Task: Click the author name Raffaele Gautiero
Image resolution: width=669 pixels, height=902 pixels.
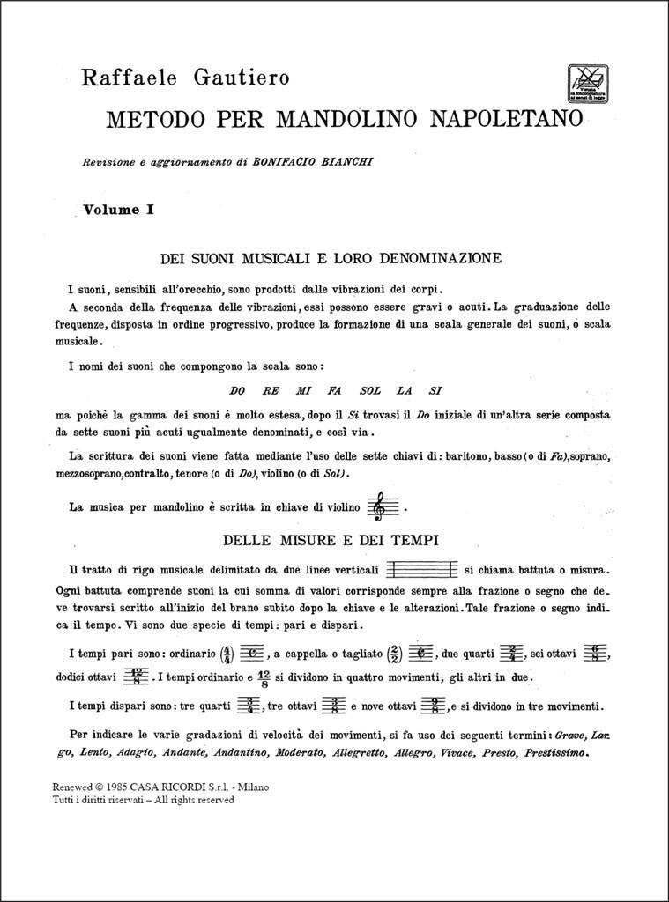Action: (x=185, y=78)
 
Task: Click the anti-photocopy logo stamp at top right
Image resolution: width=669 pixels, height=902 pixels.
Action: (x=585, y=85)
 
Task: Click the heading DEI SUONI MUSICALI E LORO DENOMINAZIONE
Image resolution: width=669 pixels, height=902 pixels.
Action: (x=331, y=258)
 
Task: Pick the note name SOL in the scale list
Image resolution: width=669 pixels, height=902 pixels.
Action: (x=370, y=390)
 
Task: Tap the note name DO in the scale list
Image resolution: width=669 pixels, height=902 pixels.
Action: (x=236, y=390)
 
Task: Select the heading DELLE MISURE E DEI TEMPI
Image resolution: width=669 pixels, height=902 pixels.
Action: (x=331, y=539)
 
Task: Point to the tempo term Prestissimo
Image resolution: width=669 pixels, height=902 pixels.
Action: (x=556, y=753)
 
